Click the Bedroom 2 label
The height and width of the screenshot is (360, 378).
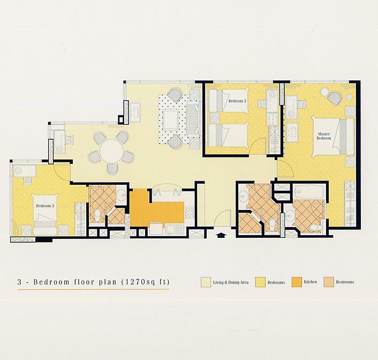pos(237,101)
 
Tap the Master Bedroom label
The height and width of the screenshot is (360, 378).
pos(324,136)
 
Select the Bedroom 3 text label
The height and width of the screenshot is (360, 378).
pos(43,206)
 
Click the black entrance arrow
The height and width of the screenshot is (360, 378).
pos(220,235)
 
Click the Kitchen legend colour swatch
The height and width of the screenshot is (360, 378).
pos(297,282)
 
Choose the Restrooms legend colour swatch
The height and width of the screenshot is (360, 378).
pos(329,282)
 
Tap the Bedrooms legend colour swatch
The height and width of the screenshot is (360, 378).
pos(260,282)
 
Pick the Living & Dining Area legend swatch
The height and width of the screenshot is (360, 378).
pos(206,282)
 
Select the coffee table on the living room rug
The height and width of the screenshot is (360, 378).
pos(171,119)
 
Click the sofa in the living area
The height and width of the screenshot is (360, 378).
pos(193,119)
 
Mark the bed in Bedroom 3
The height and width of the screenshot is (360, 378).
pos(46,214)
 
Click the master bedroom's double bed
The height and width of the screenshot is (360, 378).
pos(333,136)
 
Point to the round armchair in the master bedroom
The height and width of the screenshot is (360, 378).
pos(335,98)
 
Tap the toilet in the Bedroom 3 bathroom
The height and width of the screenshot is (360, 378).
pos(97,214)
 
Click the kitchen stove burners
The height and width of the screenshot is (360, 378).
pos(190,213)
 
